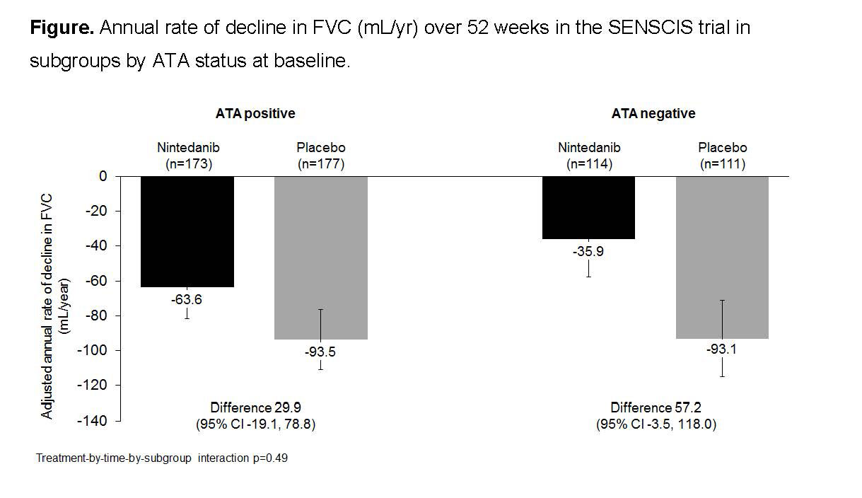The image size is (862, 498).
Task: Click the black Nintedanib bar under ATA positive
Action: tap(187, 231)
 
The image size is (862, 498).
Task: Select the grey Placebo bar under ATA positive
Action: tap(320, 257)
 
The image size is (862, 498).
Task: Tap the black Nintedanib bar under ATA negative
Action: tap(588, 207)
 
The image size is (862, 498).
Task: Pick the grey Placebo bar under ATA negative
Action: tap(722, 257)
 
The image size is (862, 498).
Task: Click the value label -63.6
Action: tap(186, 299)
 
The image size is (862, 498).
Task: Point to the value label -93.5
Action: tap(320, 352)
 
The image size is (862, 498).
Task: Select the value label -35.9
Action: tap(588, 250)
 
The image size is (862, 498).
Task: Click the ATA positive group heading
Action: tap(255, 113)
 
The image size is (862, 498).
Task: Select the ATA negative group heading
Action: tap(653, 113)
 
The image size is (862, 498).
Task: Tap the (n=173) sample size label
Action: tap(187, 163)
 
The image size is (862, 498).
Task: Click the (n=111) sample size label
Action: tap(722, 163)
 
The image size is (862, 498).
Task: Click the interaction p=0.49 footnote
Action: tap(162, 458)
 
